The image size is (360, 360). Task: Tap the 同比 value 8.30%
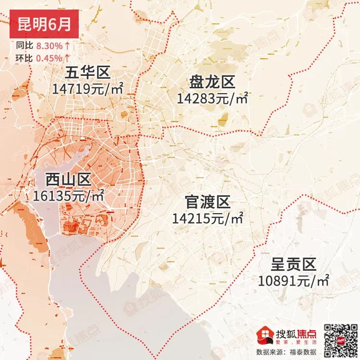(x=49, y=46)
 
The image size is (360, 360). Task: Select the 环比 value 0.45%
(x=49, y=58)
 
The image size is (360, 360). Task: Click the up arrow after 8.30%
(x=68, y=46)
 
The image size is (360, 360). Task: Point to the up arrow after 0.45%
(x=68, y=58)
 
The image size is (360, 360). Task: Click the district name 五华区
(x=88, y=73)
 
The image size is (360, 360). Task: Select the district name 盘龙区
(x=212, y=83)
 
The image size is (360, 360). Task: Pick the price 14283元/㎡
(x=212, y=98)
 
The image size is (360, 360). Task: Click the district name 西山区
(x=68, y=180)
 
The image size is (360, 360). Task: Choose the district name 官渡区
(x=208, y=202)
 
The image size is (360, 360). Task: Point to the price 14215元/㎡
(x=208, y=218)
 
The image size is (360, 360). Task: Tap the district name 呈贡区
(x=293, y=264)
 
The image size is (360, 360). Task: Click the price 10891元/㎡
(x=293, y=280)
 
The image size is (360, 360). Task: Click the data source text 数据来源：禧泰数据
(x=289, y=352)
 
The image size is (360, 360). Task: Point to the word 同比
(x=24, y=46)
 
